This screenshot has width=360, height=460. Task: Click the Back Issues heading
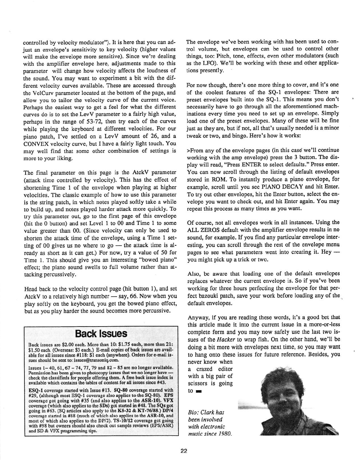coord(101,334)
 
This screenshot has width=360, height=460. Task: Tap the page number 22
coord(184,451)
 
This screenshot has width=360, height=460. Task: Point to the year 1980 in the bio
coord(225,434)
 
